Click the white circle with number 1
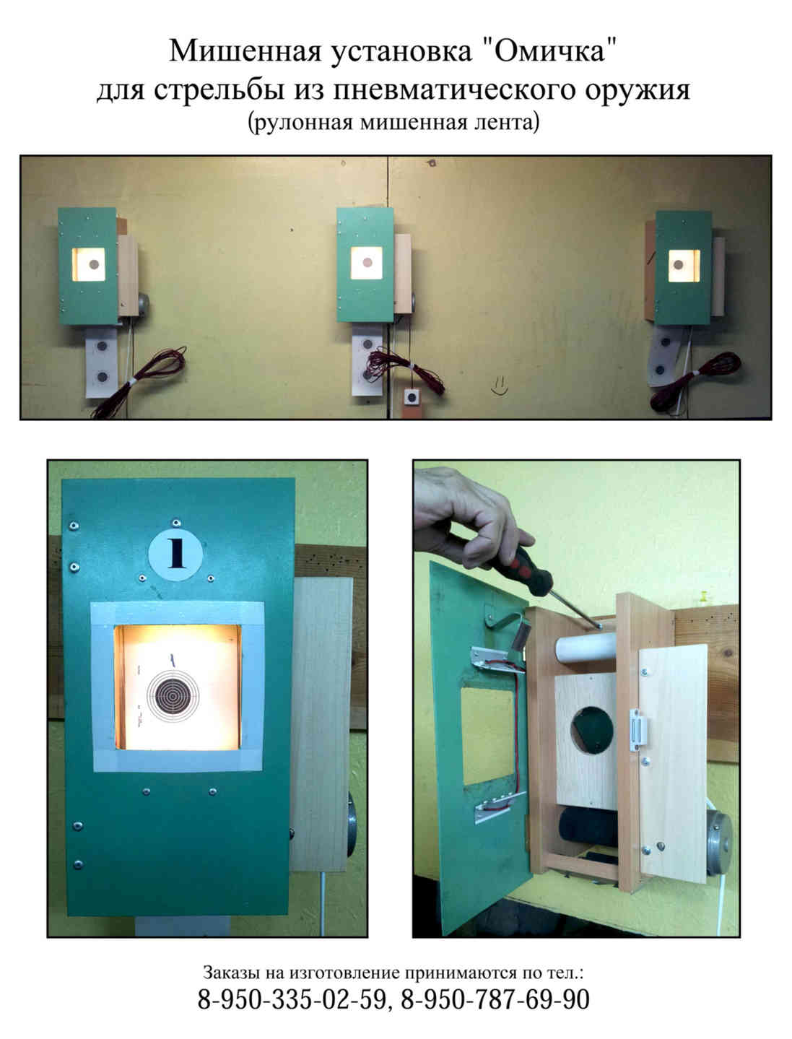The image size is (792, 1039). pos(175,554)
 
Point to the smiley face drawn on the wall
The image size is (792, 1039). pos(499,386)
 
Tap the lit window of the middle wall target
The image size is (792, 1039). pos(366,262)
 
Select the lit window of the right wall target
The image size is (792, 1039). pos(684,265)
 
